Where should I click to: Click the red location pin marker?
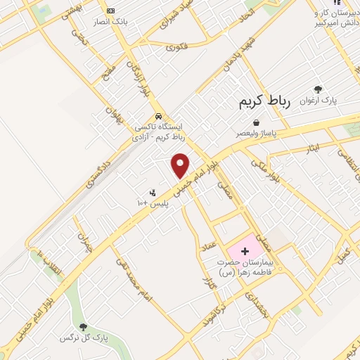coord(181,165)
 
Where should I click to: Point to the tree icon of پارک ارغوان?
coord(319,89)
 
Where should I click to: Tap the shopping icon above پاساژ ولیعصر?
coord(259,121)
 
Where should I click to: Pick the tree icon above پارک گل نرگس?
coord(84,326)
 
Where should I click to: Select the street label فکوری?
coord(176,47)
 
